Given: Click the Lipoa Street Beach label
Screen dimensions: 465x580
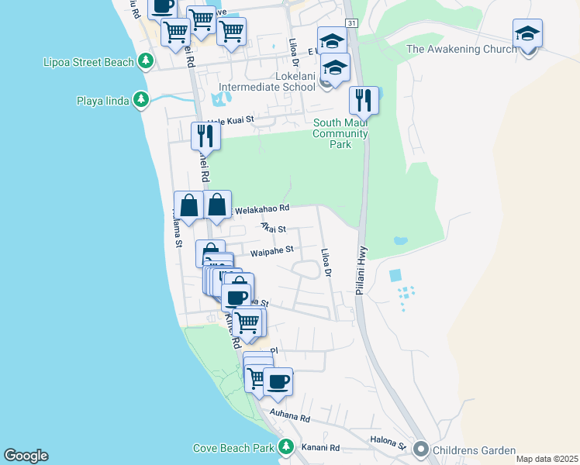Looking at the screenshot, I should (88, 60).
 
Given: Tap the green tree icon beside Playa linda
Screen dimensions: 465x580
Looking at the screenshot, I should (140, 100).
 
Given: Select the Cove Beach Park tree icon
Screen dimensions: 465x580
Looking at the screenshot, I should (286, 447).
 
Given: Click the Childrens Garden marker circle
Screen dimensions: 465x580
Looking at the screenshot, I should (421, 449).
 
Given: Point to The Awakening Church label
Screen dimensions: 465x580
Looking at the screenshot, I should (461, 50).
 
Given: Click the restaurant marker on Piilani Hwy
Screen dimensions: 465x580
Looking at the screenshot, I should (364, 100).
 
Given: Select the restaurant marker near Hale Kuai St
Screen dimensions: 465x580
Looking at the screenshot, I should (205, 136).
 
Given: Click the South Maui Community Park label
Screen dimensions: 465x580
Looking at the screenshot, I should (340, 133).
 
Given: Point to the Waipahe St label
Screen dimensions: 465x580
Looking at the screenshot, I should (271, 250).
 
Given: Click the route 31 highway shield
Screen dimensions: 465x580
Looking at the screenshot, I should (352, 24).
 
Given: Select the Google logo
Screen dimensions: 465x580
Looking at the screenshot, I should (26, 456).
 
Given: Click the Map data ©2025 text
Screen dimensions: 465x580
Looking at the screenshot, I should (546, 459).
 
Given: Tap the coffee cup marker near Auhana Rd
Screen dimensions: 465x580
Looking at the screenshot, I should (278, 381).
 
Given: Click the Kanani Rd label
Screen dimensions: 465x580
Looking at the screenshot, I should (323, 448).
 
